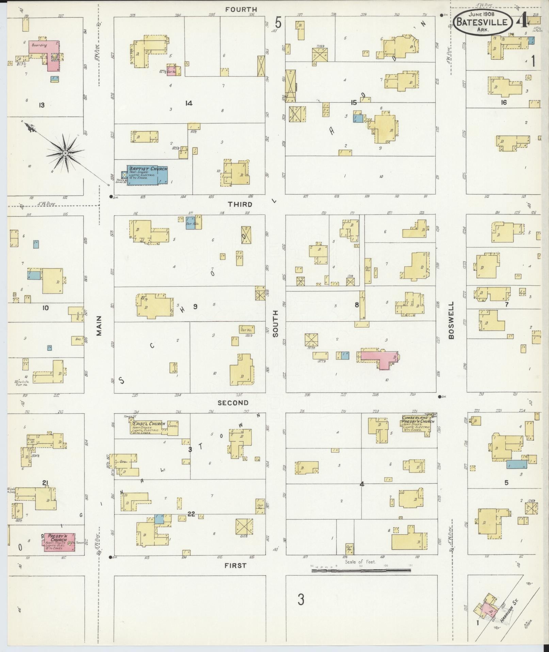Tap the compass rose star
[65, 153]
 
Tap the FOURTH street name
[241, 10]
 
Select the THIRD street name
[240, 204]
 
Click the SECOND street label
[233, 403]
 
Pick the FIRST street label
[235, 565]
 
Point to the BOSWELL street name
[451, 320]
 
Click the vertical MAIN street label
[99, 325]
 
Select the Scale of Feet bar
[361, 570]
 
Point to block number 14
[189, 103]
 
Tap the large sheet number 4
[521, 21]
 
